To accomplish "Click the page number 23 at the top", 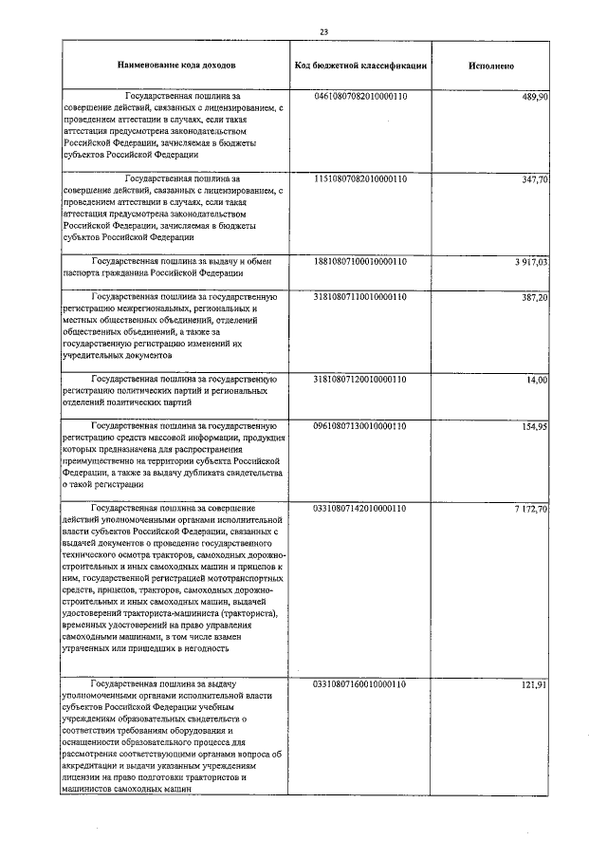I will point(323,31).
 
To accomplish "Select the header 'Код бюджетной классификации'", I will point(359,65).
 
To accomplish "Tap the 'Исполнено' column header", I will point(491,65).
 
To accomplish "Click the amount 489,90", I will point(534,97).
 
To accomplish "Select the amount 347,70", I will point(534,178).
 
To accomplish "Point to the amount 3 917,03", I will point(530,260).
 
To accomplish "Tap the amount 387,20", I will point(534,297).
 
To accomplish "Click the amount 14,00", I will point(537,379).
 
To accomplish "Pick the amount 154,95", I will point(534,426).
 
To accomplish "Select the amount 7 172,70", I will point(530,508).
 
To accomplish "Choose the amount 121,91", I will point(534,683).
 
